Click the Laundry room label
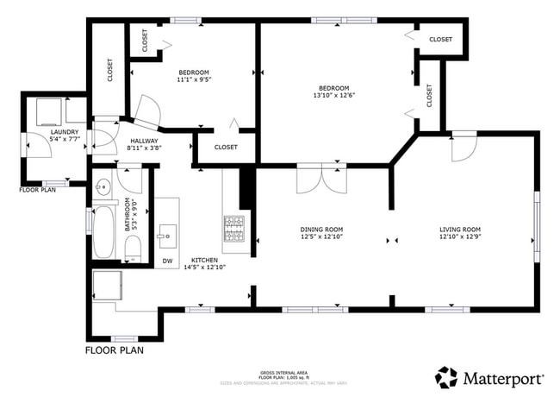40,132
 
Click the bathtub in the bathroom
104,230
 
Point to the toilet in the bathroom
133,248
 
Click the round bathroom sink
103,185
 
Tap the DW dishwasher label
167,261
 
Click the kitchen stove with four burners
234,230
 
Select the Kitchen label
204,260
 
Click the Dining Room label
321,229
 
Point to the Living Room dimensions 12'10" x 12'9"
458,236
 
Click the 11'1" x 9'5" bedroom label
194,79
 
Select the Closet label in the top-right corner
440,40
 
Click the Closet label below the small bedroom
226,147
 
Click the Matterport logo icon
446,377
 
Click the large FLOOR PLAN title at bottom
115,351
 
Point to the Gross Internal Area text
279,372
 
